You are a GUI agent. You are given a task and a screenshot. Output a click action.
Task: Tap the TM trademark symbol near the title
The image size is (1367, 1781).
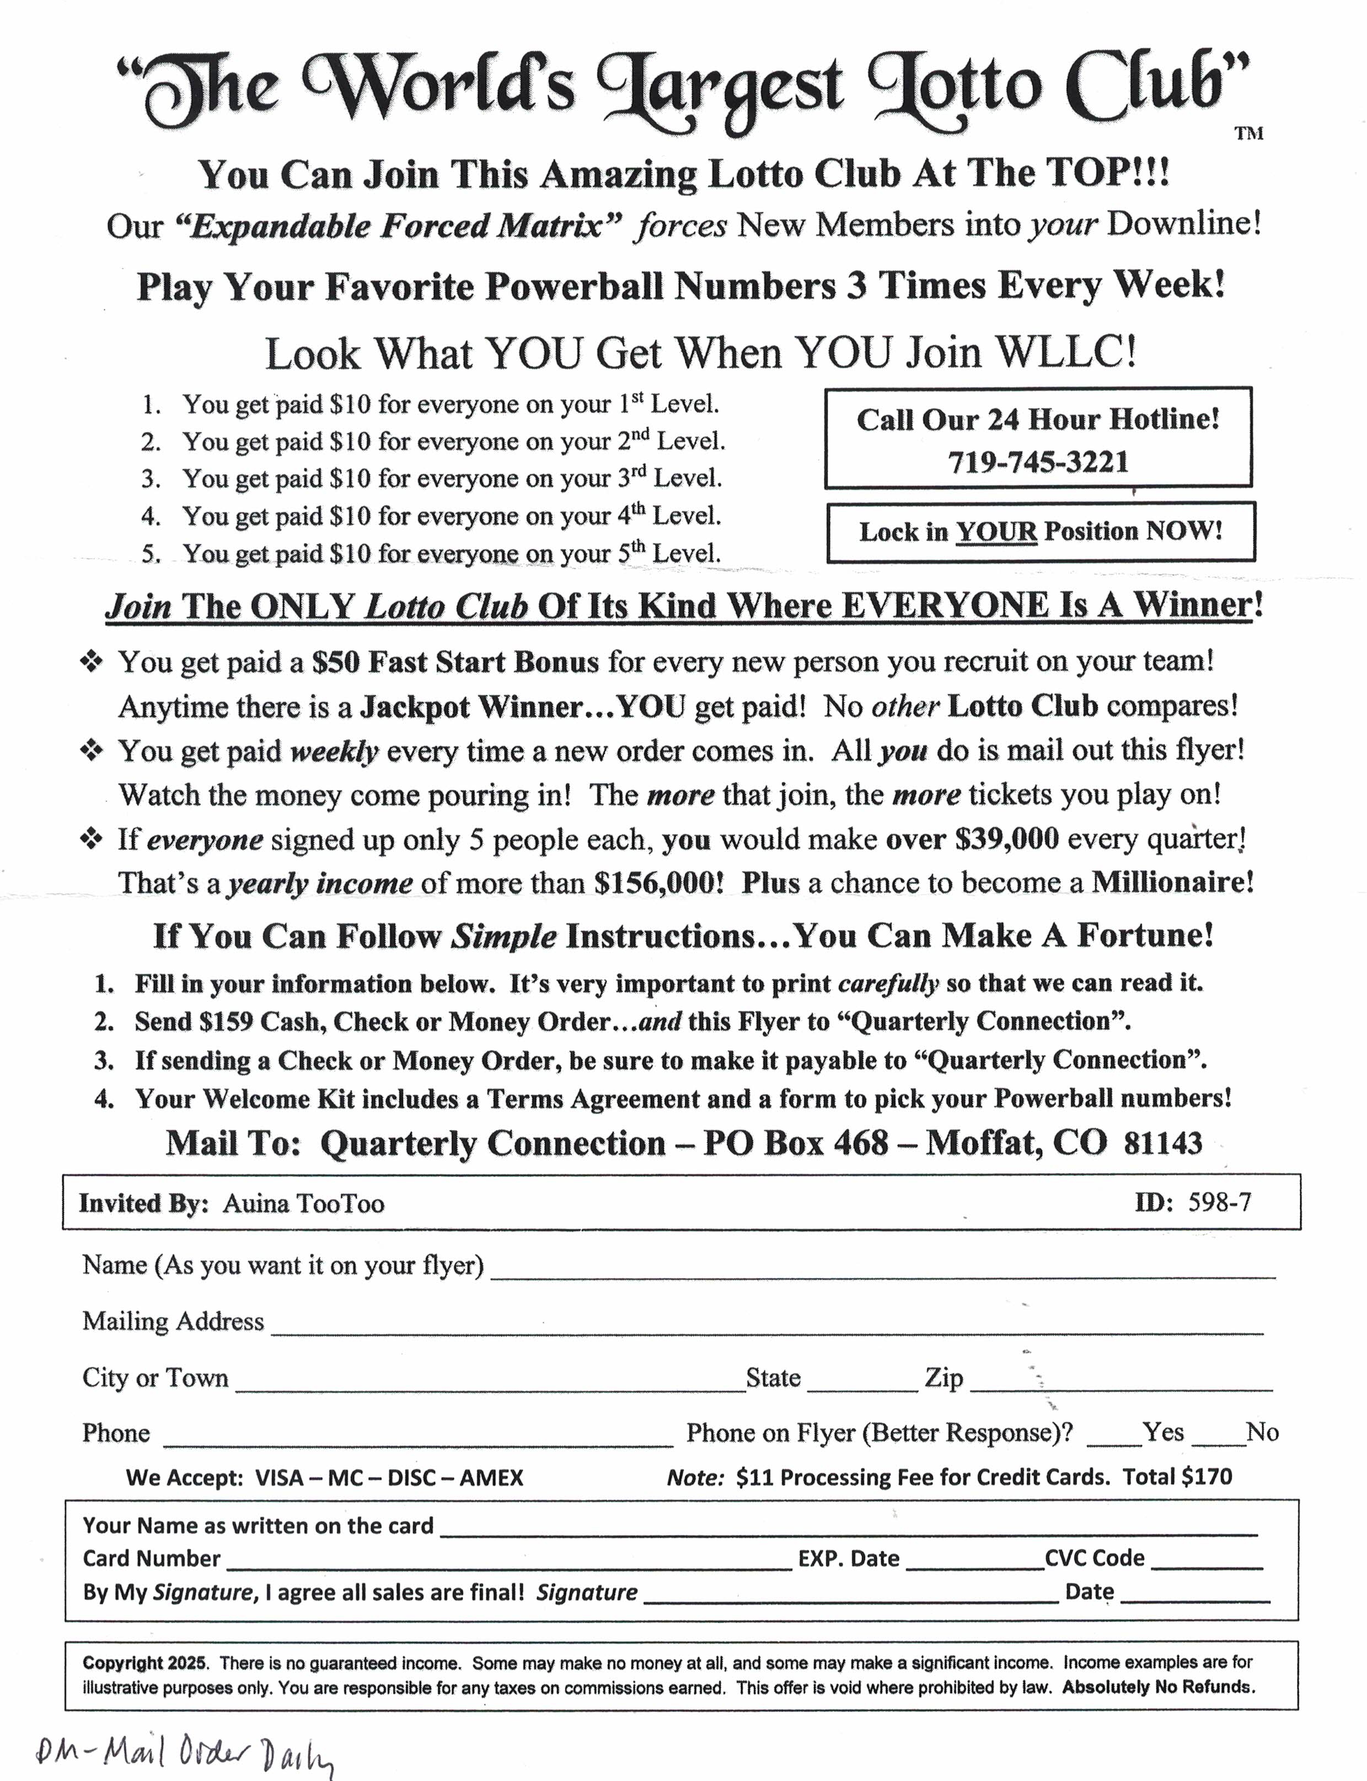tap(1248, 133)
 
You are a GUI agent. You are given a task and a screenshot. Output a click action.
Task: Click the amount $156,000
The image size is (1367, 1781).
tap(658, 883)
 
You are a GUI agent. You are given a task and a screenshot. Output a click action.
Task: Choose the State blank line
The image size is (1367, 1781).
tap(862, 1388)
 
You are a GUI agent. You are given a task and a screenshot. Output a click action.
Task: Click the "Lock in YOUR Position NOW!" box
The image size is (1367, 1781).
tap(1040, 532)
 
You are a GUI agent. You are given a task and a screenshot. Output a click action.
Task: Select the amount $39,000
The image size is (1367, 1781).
tap(1006, 838)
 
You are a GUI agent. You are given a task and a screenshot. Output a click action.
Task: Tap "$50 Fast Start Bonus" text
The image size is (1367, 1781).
tap(455, 662)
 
